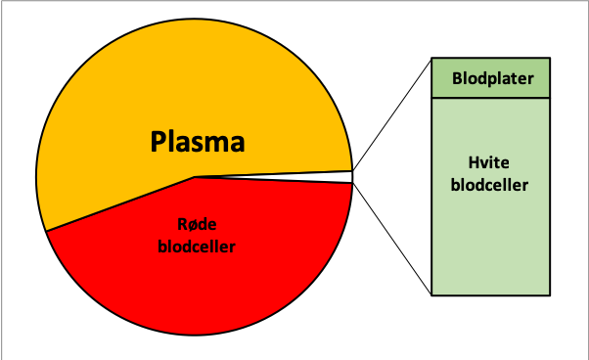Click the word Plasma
coord(198,142)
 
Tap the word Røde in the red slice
coord(197,224)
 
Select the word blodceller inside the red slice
coord(197,247)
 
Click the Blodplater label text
coord(492,79)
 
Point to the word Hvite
coord(488,162)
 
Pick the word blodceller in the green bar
coord(489,185)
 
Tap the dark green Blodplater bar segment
coord(490,78)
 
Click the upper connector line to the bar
coord(391,114)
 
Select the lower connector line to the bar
coord(391,239)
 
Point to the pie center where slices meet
coord(195,176)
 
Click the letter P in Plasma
coord(159,141)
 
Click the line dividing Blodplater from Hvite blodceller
coord(490,98)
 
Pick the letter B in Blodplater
coord(457,78)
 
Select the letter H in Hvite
coord(474,162)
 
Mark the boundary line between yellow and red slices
coord(120,203)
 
